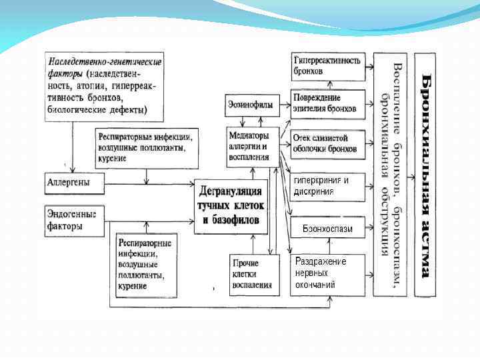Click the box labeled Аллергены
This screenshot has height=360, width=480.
point(74,182)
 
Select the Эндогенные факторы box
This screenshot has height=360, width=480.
point(74,221)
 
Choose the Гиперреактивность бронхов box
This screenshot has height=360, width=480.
point(327,65)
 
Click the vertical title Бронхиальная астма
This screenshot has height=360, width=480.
point(425,175)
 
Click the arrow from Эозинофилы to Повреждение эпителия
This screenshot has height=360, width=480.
point(281,105)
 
